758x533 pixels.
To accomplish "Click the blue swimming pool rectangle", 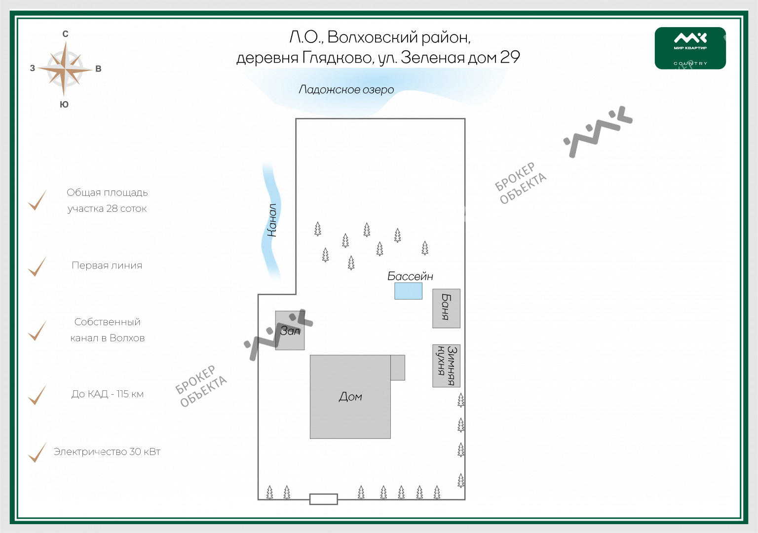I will pyautogui.click(x=408, y=291).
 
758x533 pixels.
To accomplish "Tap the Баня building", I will pyautogui.click(x=446, y=308).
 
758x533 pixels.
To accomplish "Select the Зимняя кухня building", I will pyautogui.click(x=446, y=366).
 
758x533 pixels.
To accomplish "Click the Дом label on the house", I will pyautogui.click(x=350, y=397).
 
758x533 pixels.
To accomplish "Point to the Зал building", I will pyautogui.click(x=290, y=331).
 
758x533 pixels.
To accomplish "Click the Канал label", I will pyautogui.click(x=272, y=220).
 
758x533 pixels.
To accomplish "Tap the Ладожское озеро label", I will pyautogui.click(x=346, y=90).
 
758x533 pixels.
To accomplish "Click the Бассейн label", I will pyautogui.click(x=410, y=276).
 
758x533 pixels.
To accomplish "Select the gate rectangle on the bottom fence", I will pyautogui.click(x=323, y=499).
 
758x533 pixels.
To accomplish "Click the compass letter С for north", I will pyautogui.click(x=65, y=34).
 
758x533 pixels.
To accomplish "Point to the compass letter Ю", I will pyautogui.click(x=64, y=105).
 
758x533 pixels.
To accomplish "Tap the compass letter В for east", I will pyautogui.click(x=98, y=69).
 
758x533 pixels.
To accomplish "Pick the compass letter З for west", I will pyautogui.click(x=33, y=69).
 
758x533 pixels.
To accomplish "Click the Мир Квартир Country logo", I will pyautogui.click(x=690, y=48).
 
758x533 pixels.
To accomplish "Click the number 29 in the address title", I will pyautogui.click(x=510, y=57).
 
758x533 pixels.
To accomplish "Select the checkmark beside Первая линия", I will pyautogui.click(x=37, y=266).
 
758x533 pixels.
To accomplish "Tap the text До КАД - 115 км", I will pyautogui.click(x=108, y=394).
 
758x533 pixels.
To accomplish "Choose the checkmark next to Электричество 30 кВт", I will pyautogui.click(x=37, y=453).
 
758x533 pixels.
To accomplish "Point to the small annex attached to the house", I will pyautogui.click(x=397, y=368).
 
